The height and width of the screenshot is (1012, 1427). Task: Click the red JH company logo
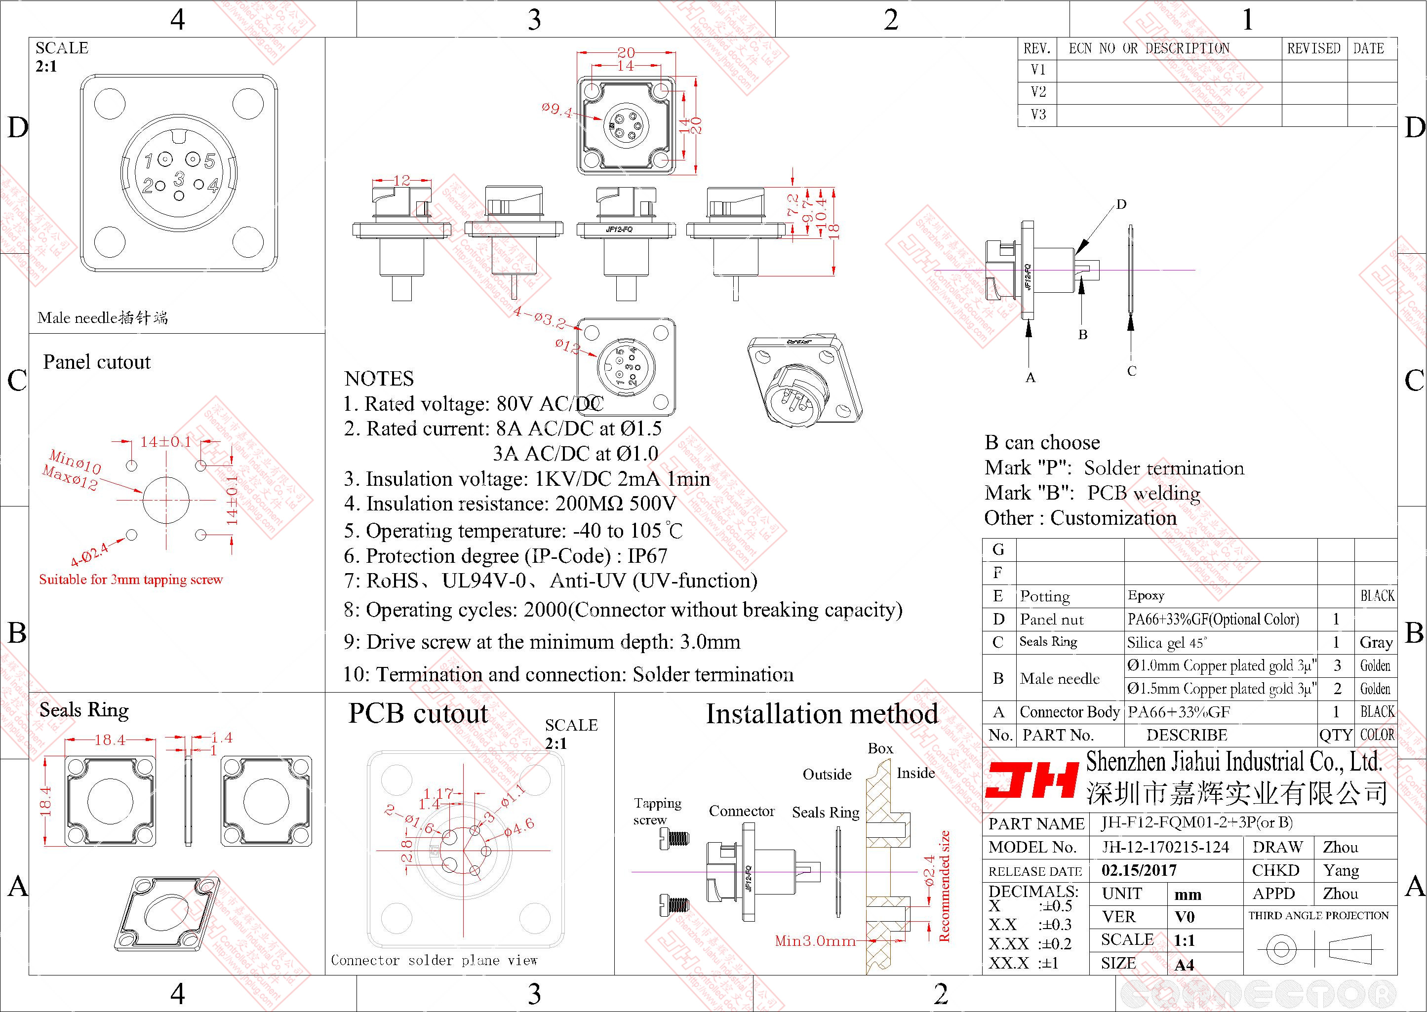(x=1031, y=779)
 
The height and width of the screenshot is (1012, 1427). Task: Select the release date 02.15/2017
(x=1139, y=870)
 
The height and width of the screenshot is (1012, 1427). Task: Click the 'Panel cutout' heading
(x=97, y=362)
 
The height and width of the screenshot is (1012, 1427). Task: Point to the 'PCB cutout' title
(x=418, y=713)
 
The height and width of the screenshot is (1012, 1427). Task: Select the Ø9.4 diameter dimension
(x=556, y=110)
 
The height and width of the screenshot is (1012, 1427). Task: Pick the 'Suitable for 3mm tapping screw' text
(x=131, y=580)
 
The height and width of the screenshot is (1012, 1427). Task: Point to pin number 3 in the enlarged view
(x=179, y=179)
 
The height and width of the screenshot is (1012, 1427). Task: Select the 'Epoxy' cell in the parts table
(x=1146, y=595)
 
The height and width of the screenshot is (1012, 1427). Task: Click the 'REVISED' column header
(x=1313, y=48)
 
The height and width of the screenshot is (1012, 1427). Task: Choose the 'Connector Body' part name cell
(x=1070, y=712)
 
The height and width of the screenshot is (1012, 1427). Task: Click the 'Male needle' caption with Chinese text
(x=103, y=318)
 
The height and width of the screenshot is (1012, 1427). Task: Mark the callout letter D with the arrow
(x=1121, y=204)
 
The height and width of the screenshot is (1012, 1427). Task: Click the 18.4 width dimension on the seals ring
(x=110, y=740)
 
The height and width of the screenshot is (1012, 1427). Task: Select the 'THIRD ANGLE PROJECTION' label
(x=1318, y=915)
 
